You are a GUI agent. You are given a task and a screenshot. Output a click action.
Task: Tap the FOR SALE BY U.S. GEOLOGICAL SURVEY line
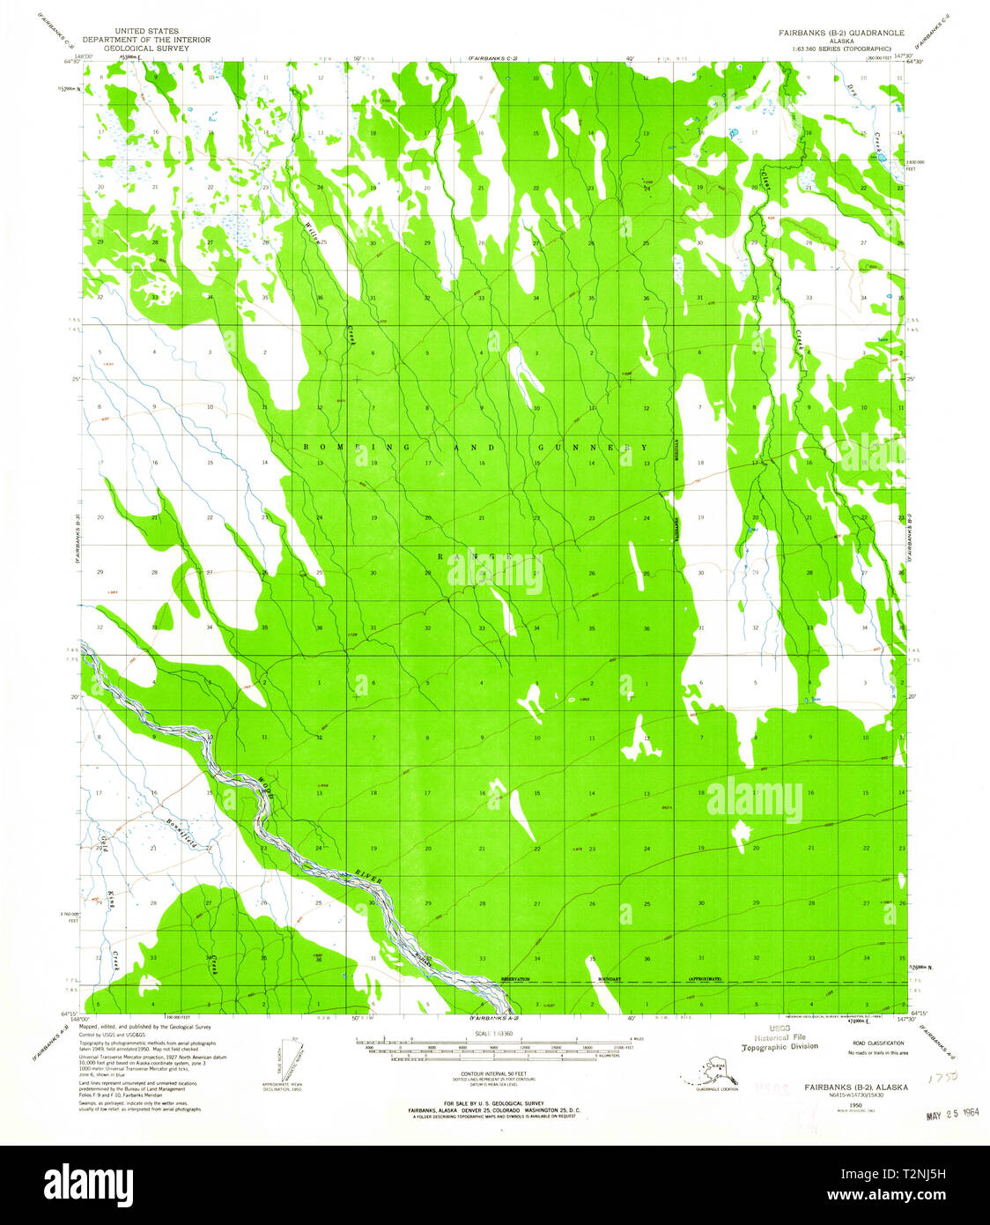click(494, 1103)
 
